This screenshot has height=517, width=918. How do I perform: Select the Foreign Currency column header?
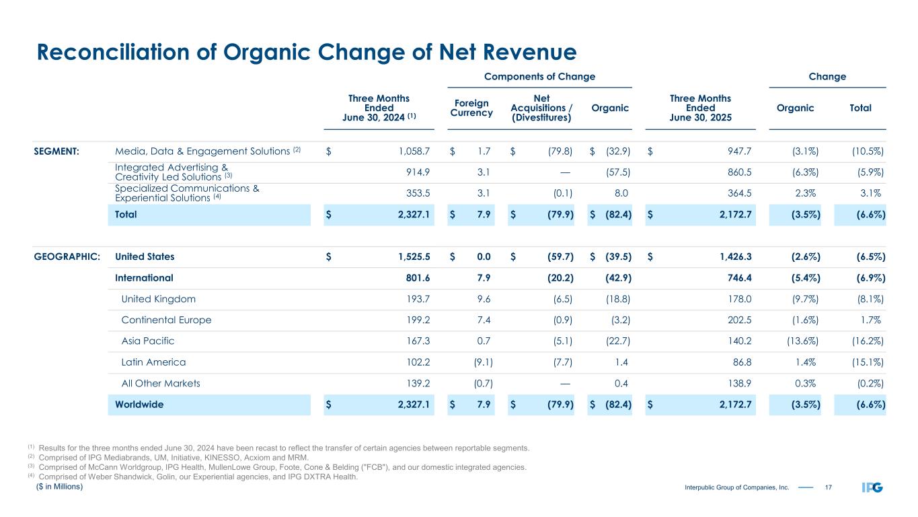tap(471, 108)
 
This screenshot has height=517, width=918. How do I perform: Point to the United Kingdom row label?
tap(159, 300)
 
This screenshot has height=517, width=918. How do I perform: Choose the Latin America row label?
tap(153, 362)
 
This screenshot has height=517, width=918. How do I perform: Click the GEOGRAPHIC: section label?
tap(67, 256)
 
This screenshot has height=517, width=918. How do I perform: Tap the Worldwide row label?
tap(139, 405)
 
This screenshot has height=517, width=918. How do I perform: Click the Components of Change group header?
tap(540, 77)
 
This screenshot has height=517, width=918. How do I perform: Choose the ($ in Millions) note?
tap(59, 487)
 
